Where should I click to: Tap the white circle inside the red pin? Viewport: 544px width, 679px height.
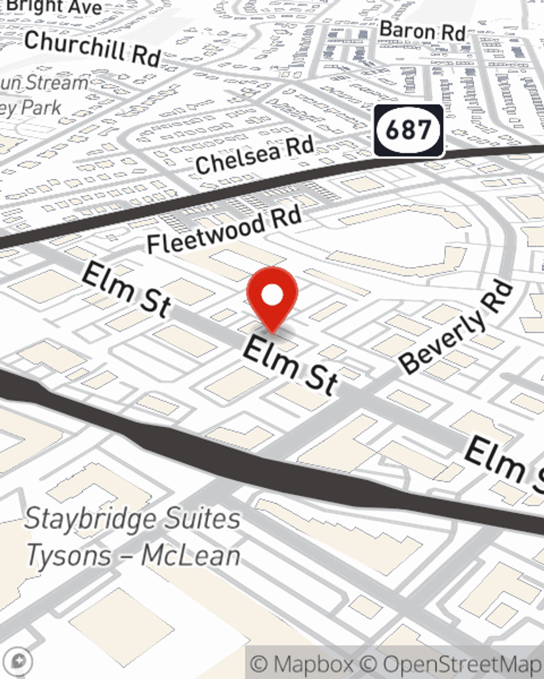(x=272, y=296)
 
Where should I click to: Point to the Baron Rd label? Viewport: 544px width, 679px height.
(x=422, y=31)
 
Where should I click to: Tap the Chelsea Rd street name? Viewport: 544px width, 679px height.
(x=255, y=156)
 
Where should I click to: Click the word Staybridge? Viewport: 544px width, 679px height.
(x=90, y=519)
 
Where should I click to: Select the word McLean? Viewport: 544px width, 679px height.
(x=190, y=556)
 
